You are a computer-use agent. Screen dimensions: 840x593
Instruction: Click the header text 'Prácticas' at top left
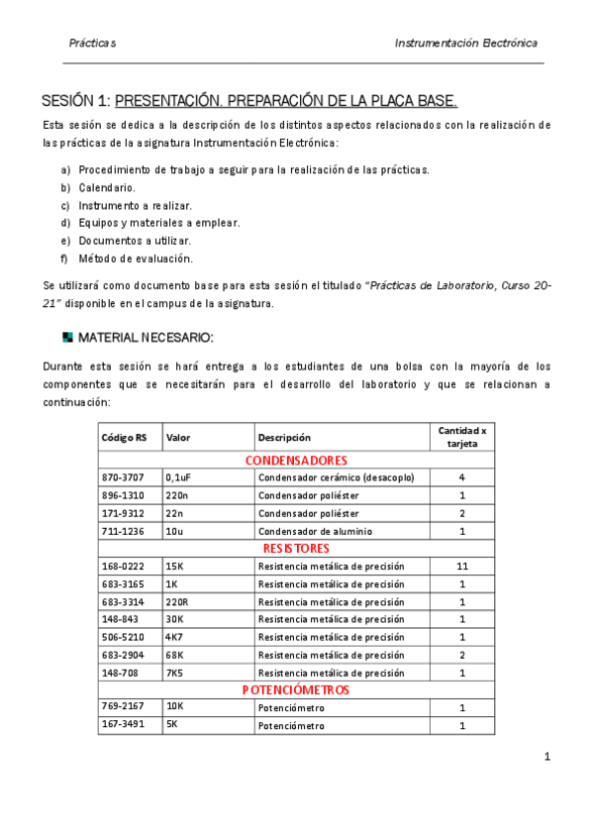[92, 44]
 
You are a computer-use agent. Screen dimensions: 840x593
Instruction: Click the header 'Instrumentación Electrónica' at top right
[465, 44]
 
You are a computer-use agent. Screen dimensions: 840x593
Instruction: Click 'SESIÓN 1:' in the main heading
[75, 102]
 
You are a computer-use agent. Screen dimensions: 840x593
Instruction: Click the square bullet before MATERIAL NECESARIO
[67, 337]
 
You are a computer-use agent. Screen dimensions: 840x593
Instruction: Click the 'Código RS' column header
[124, 437]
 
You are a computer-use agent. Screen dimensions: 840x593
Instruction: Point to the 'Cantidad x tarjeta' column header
[462, 437]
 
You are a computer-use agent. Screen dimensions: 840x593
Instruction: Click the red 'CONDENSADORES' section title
[295, 461]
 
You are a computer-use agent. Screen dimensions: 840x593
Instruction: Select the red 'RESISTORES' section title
[295, 548]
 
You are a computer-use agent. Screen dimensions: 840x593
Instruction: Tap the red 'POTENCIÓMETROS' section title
[295, 689]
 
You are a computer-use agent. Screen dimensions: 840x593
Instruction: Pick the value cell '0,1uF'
[178, 477]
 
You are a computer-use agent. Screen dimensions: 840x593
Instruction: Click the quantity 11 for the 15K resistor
[462, 566]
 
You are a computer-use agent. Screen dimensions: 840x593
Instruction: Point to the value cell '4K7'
[174, 637]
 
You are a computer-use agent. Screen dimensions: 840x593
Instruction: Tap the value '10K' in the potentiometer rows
[174, 708]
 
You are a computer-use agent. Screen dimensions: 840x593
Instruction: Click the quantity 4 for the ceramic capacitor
[462, 477]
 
